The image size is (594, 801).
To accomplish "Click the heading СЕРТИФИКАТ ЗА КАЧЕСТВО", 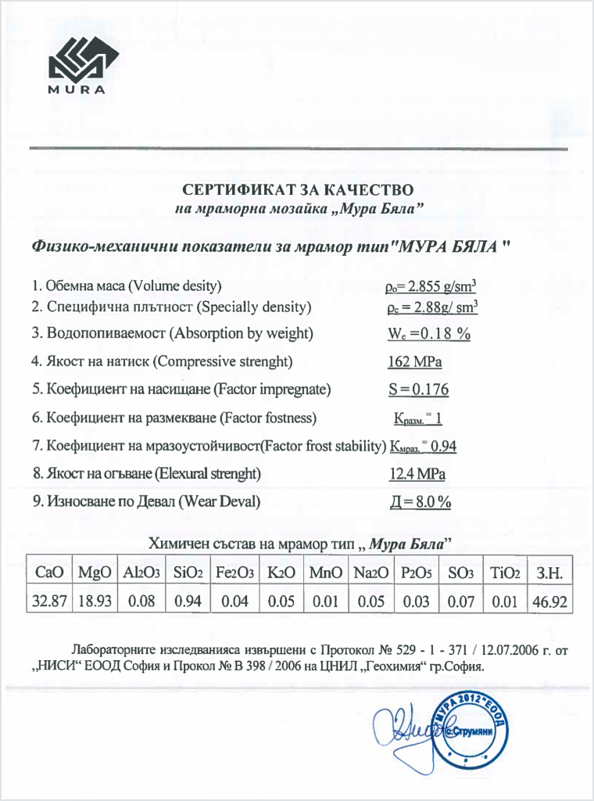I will click(x=298, y=189).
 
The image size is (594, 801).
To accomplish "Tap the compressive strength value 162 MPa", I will click(x=411, y=361).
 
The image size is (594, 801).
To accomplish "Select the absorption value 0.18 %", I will click(x=429, y=333).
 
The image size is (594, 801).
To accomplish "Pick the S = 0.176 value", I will click(x=418, y=390).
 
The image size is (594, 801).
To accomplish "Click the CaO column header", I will click(x=50, y=573).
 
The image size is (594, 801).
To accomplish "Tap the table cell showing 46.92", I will click(x=549, y=602).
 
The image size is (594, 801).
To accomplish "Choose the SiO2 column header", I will click(x=188, y=573).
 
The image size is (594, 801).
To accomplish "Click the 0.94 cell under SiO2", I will click(x=188, y=602).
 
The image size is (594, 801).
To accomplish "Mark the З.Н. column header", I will click(x=549, y=573).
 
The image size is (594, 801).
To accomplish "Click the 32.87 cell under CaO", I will click(x=50, y=602).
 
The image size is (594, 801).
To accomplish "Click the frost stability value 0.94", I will click(x=443, y=446).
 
